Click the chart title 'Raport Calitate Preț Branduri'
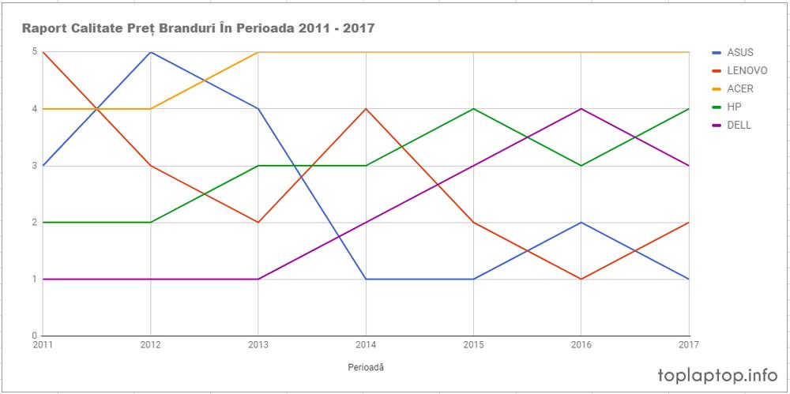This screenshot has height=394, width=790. pyautogui.click(x=198, y=29)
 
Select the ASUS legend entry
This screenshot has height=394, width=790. pyautogui.click(x=739, y=52)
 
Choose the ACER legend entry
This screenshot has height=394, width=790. pyautogui.click(x=739, y=88)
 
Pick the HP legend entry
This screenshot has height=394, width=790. pyautogui.click(x=734, y=107)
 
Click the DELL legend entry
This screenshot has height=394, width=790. pyautogui.click(x=739, y=125)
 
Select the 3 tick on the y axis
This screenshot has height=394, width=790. pyautogui.click(x=34, y=166)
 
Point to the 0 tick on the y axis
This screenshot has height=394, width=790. pyautogui.click(x=34, y=336)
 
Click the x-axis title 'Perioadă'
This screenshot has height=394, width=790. pyautogui.click(x=366, y=367)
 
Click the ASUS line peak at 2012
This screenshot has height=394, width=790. pyautogui.click(x=150, y=52)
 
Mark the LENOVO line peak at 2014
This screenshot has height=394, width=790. pyautogui.click(x=365, y=109)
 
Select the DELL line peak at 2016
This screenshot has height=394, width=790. pyautogui.click(x=581, y=109)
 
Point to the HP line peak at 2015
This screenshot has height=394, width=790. pyautogui.click(x=473, y=109)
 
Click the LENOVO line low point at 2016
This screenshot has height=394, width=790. pyautogui.click(x=581, y=279)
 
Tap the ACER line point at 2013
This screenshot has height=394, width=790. pyautogui.click(x=258, y=52)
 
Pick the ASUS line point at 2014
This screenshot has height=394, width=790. pyautogui.click(x=365, y=279)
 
